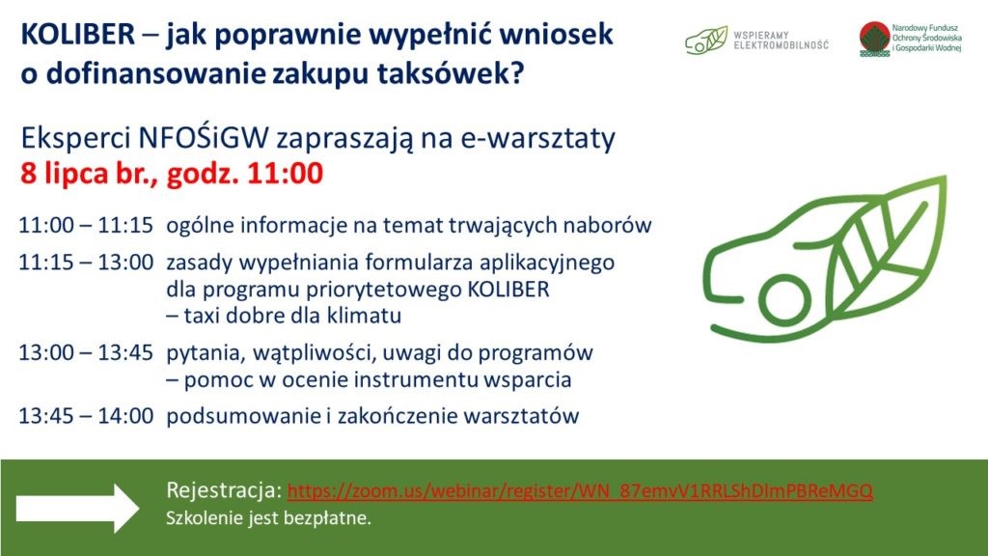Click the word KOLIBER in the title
pyautogui.click(x=78, y=34)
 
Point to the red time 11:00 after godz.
pyautogui.click(x=285, y=173)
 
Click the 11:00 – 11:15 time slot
pyautogui.click(x=86, y=225)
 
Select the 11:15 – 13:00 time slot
pyautogui.click(x=86, y=262)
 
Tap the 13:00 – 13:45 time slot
pyautogui.click(x=86, y=352)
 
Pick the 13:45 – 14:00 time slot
pyautogui.click(x=86, y=416)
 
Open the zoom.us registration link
pyautogui.click(x=580, y=490)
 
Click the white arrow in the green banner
pyautogui.click(x=77, y=508)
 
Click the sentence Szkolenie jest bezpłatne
pyautogui.click(x=268, y=518)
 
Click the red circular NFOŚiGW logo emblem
pyautogui.click(x=874, y=39)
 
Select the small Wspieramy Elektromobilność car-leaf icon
pyautogui.click(x=705, y=41)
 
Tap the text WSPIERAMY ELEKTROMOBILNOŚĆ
pyautogui.click(x=781, y=41)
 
